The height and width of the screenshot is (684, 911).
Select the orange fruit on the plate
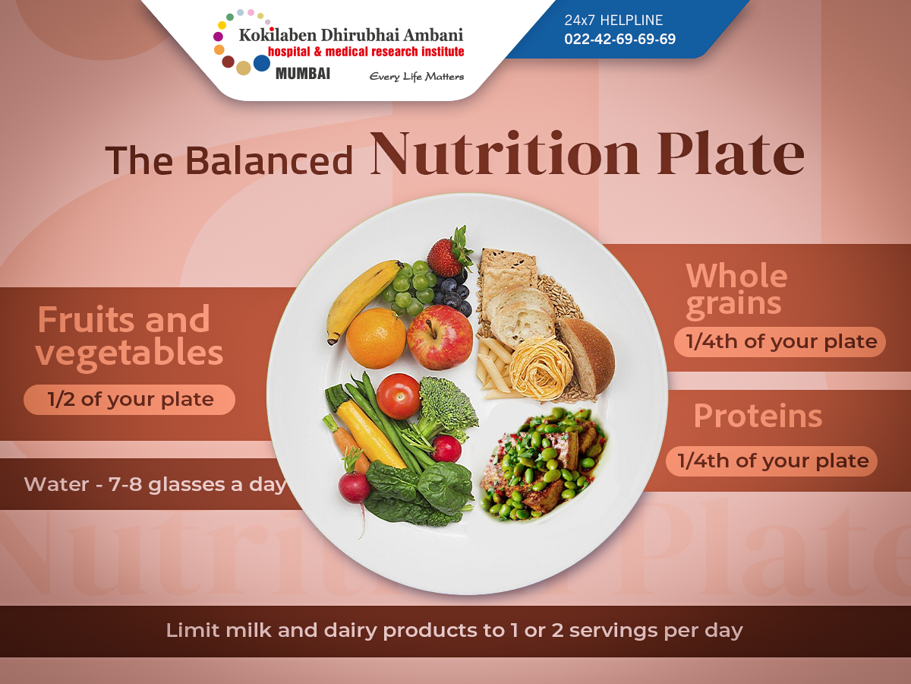376,338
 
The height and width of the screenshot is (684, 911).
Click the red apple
440,337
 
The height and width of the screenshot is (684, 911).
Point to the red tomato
398,396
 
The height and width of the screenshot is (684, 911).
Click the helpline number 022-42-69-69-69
619,39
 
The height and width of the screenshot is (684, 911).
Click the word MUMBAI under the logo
303,74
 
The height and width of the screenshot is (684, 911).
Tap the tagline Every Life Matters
417,77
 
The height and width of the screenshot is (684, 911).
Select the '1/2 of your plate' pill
130,400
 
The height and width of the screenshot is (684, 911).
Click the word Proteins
758,416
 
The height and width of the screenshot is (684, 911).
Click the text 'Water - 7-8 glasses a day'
155,484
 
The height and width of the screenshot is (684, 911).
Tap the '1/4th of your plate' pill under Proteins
771,461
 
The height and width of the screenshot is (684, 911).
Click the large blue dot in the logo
261,63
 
